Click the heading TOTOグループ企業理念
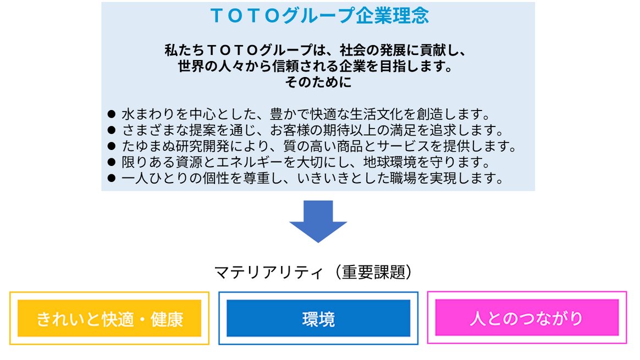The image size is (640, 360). click(319, 15)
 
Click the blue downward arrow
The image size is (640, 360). click(318, 221)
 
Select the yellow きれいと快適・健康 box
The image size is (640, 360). click(109, 318)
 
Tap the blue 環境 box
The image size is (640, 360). click(318, 318)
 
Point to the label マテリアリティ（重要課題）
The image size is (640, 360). click(313, 272)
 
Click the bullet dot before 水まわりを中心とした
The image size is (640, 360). click(112, 114)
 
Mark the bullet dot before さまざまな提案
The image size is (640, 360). click(112, 130)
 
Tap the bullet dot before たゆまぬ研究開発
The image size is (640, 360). click(112, 146)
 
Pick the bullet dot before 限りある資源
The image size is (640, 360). click(112, 162)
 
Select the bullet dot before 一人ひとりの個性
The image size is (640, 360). click(112, 178)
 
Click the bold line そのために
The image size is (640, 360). click(318, 82)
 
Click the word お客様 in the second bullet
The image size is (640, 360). click(290, 130)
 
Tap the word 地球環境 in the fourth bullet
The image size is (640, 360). click(390, 162)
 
